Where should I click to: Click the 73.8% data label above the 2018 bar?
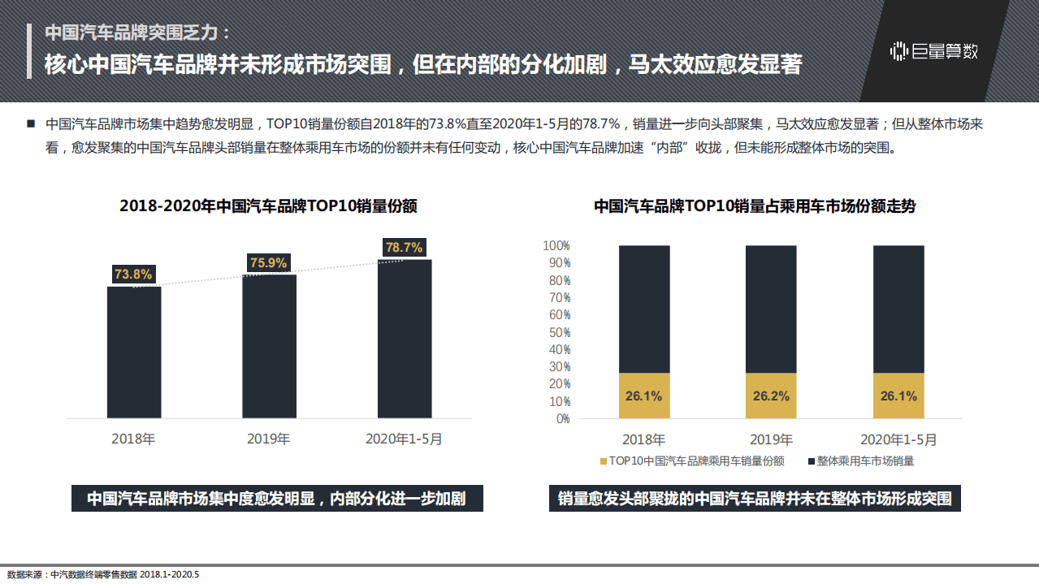133,275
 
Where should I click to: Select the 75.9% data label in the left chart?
268,263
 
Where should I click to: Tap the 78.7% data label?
404,248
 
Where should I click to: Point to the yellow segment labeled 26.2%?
771,396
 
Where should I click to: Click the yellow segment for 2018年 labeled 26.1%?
644,396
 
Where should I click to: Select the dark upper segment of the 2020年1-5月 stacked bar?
898,309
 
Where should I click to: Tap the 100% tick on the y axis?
556,245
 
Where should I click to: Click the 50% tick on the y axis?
559,332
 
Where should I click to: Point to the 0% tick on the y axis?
562,419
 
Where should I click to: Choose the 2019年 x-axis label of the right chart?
771,440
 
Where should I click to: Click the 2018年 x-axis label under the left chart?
133,439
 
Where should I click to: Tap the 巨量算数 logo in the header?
934,51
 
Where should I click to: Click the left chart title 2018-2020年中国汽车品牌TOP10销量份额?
268,206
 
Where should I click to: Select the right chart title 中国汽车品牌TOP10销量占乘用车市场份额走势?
755,206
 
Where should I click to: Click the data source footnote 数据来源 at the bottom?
102,574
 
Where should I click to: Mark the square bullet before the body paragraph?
31,124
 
